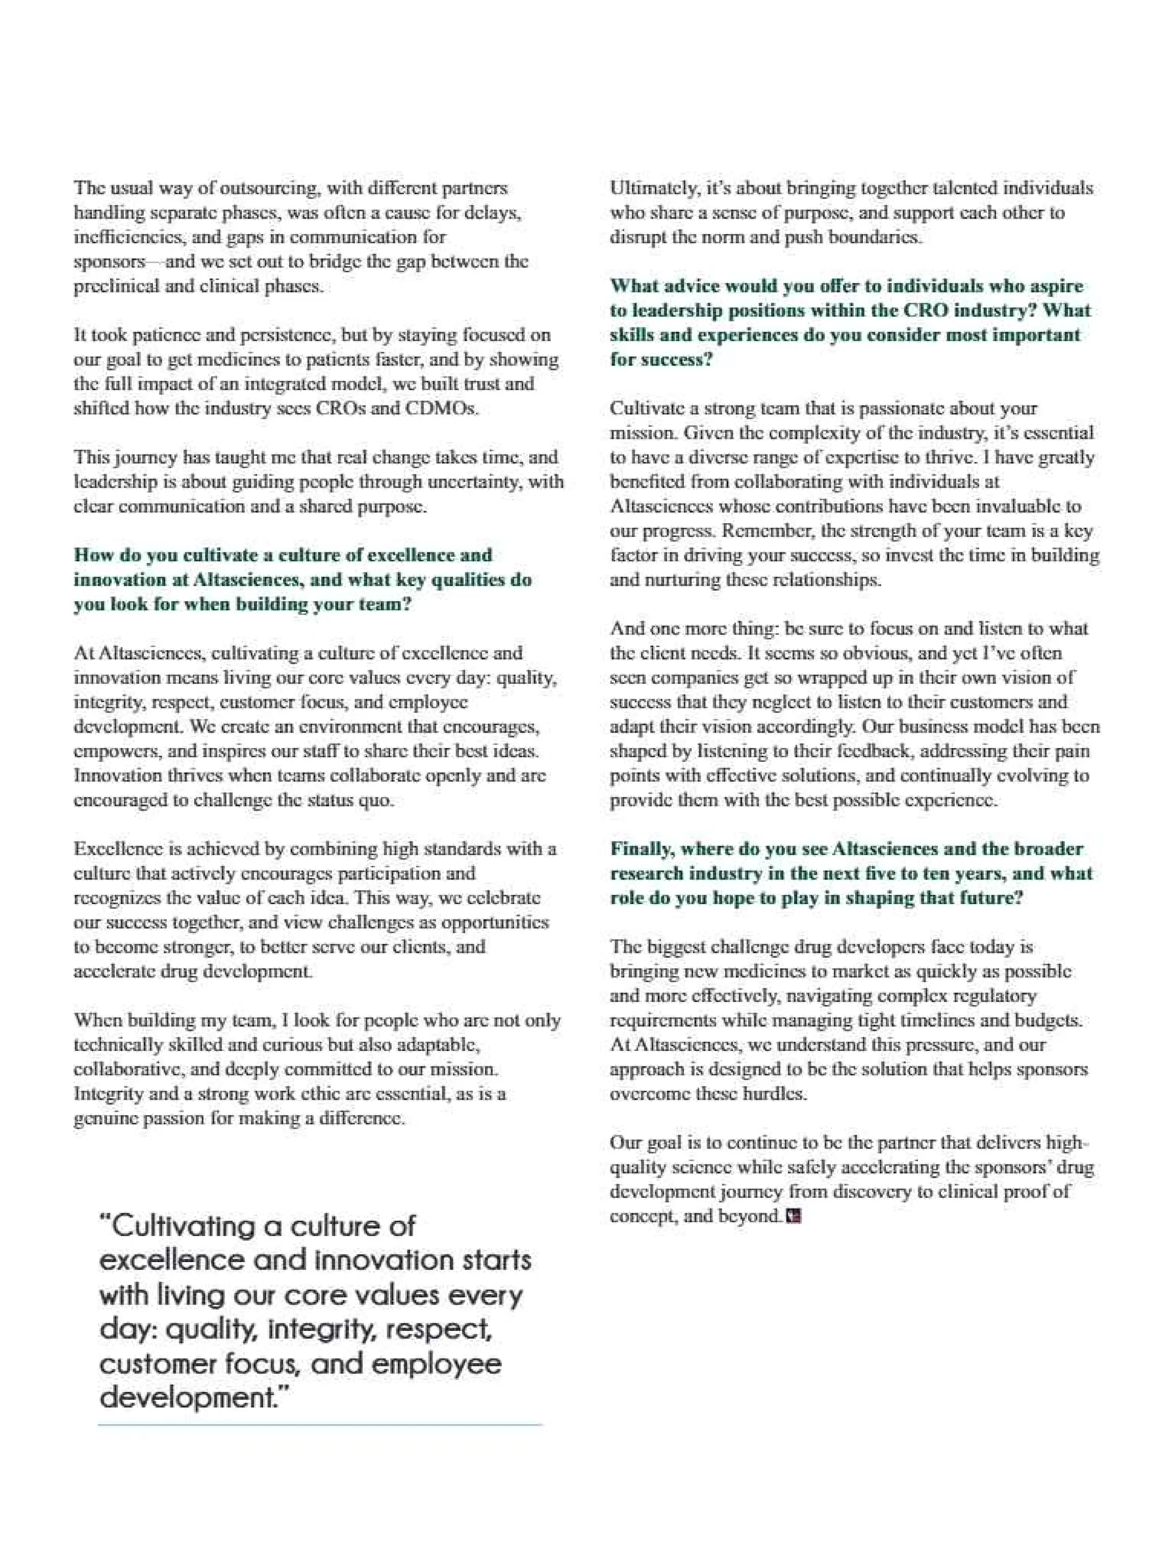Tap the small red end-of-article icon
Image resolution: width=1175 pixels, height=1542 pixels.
(x=792, y=1217)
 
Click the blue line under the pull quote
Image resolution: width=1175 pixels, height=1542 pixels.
(x=320, y=1424)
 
